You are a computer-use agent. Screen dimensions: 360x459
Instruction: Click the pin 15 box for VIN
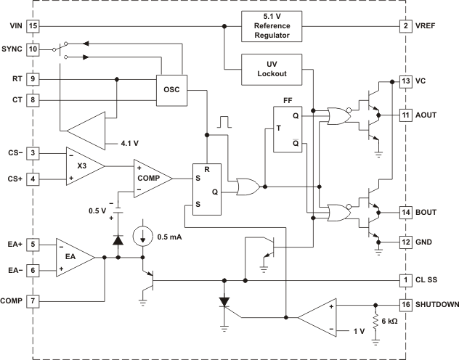pos(32,26)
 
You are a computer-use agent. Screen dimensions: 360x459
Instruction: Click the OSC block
pos(171,90)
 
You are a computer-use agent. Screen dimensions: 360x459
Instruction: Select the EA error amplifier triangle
pos(73,256)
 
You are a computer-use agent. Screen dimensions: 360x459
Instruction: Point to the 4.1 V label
pos(121,142)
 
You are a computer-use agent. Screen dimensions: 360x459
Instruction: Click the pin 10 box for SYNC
pos(32,49)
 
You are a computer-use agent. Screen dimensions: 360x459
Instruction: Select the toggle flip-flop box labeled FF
pos(286,129)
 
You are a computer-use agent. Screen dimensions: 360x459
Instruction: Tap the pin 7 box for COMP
pos(32,300)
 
